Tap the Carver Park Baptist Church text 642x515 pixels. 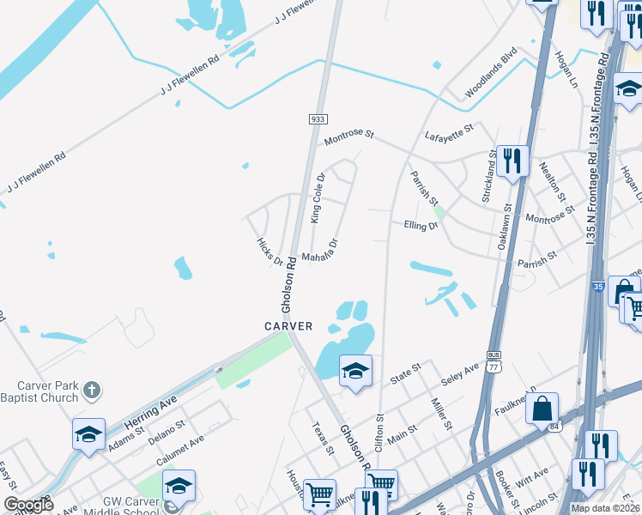tap(39, 391)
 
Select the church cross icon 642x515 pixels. tap(92, 392)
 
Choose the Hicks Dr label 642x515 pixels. tap(270, 251)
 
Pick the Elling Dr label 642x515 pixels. tap(421, 225)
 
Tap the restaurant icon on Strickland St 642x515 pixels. tap(512, 160)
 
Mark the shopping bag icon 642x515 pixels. tap(542, 409)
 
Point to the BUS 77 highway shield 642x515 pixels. tap(493, 359)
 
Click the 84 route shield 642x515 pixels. tap(554, 427)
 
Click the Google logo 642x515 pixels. tap(27, 504)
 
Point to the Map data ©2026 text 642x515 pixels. tap(606, 508)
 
